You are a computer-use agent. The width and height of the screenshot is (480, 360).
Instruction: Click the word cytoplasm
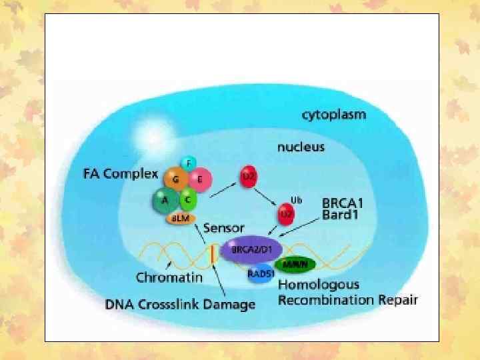pyautogui.click(x=334, y=115)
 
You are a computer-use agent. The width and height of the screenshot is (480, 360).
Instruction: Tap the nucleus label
pyautogui.click(x=301, y=146)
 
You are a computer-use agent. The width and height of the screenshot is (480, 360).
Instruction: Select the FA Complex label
pyautogui.click(x=121, y=175)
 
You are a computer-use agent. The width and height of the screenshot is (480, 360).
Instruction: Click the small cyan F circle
pyautogui.click(x=189, y=163)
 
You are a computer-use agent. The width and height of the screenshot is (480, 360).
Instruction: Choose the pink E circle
pyautogui.click(x=199, y=179)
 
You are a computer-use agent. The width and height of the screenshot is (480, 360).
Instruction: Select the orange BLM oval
pyautogui.click(x=179, y=218)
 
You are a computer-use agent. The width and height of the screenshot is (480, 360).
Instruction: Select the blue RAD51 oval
pyautogui.click(x=261, y=274)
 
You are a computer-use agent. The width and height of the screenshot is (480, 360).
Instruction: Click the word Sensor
pyautogui.click(x=224, y=228)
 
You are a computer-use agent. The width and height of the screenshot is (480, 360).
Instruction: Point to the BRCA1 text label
pyautogui.click(x=347, y=202)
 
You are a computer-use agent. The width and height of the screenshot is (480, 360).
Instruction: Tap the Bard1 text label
pyautogui.click(x=343, y=215)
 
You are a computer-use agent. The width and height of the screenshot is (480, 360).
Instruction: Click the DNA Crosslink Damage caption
pyautogui.click(x=180, y=305)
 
